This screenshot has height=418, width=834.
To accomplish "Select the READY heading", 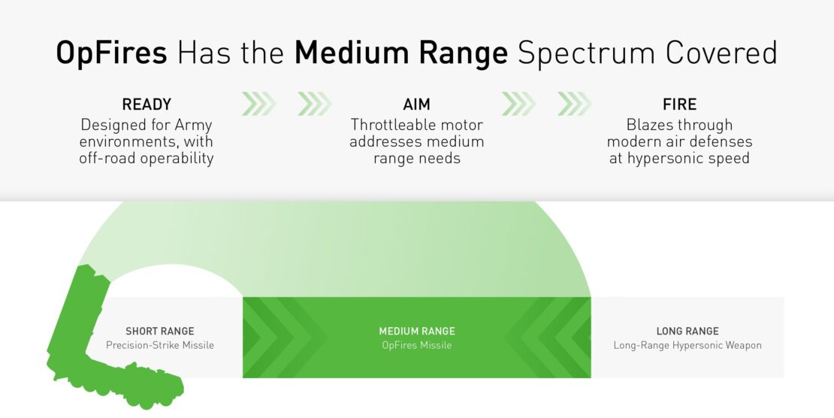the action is point(147,104).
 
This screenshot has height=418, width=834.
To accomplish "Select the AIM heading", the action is point(416,104).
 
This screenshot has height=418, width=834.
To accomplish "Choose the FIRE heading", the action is point(680,104).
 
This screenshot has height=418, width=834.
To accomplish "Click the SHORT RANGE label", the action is point(160,332).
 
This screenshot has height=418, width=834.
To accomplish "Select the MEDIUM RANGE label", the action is point(417,332).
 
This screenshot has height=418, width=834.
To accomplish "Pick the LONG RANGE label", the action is point(687,332).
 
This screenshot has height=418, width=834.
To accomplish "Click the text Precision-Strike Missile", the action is point(160,345).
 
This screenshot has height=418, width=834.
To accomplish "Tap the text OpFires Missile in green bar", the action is point(417,345).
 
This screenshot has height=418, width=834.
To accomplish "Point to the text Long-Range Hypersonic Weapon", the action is point(687,346).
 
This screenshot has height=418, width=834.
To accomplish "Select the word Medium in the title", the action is point(350,53).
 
